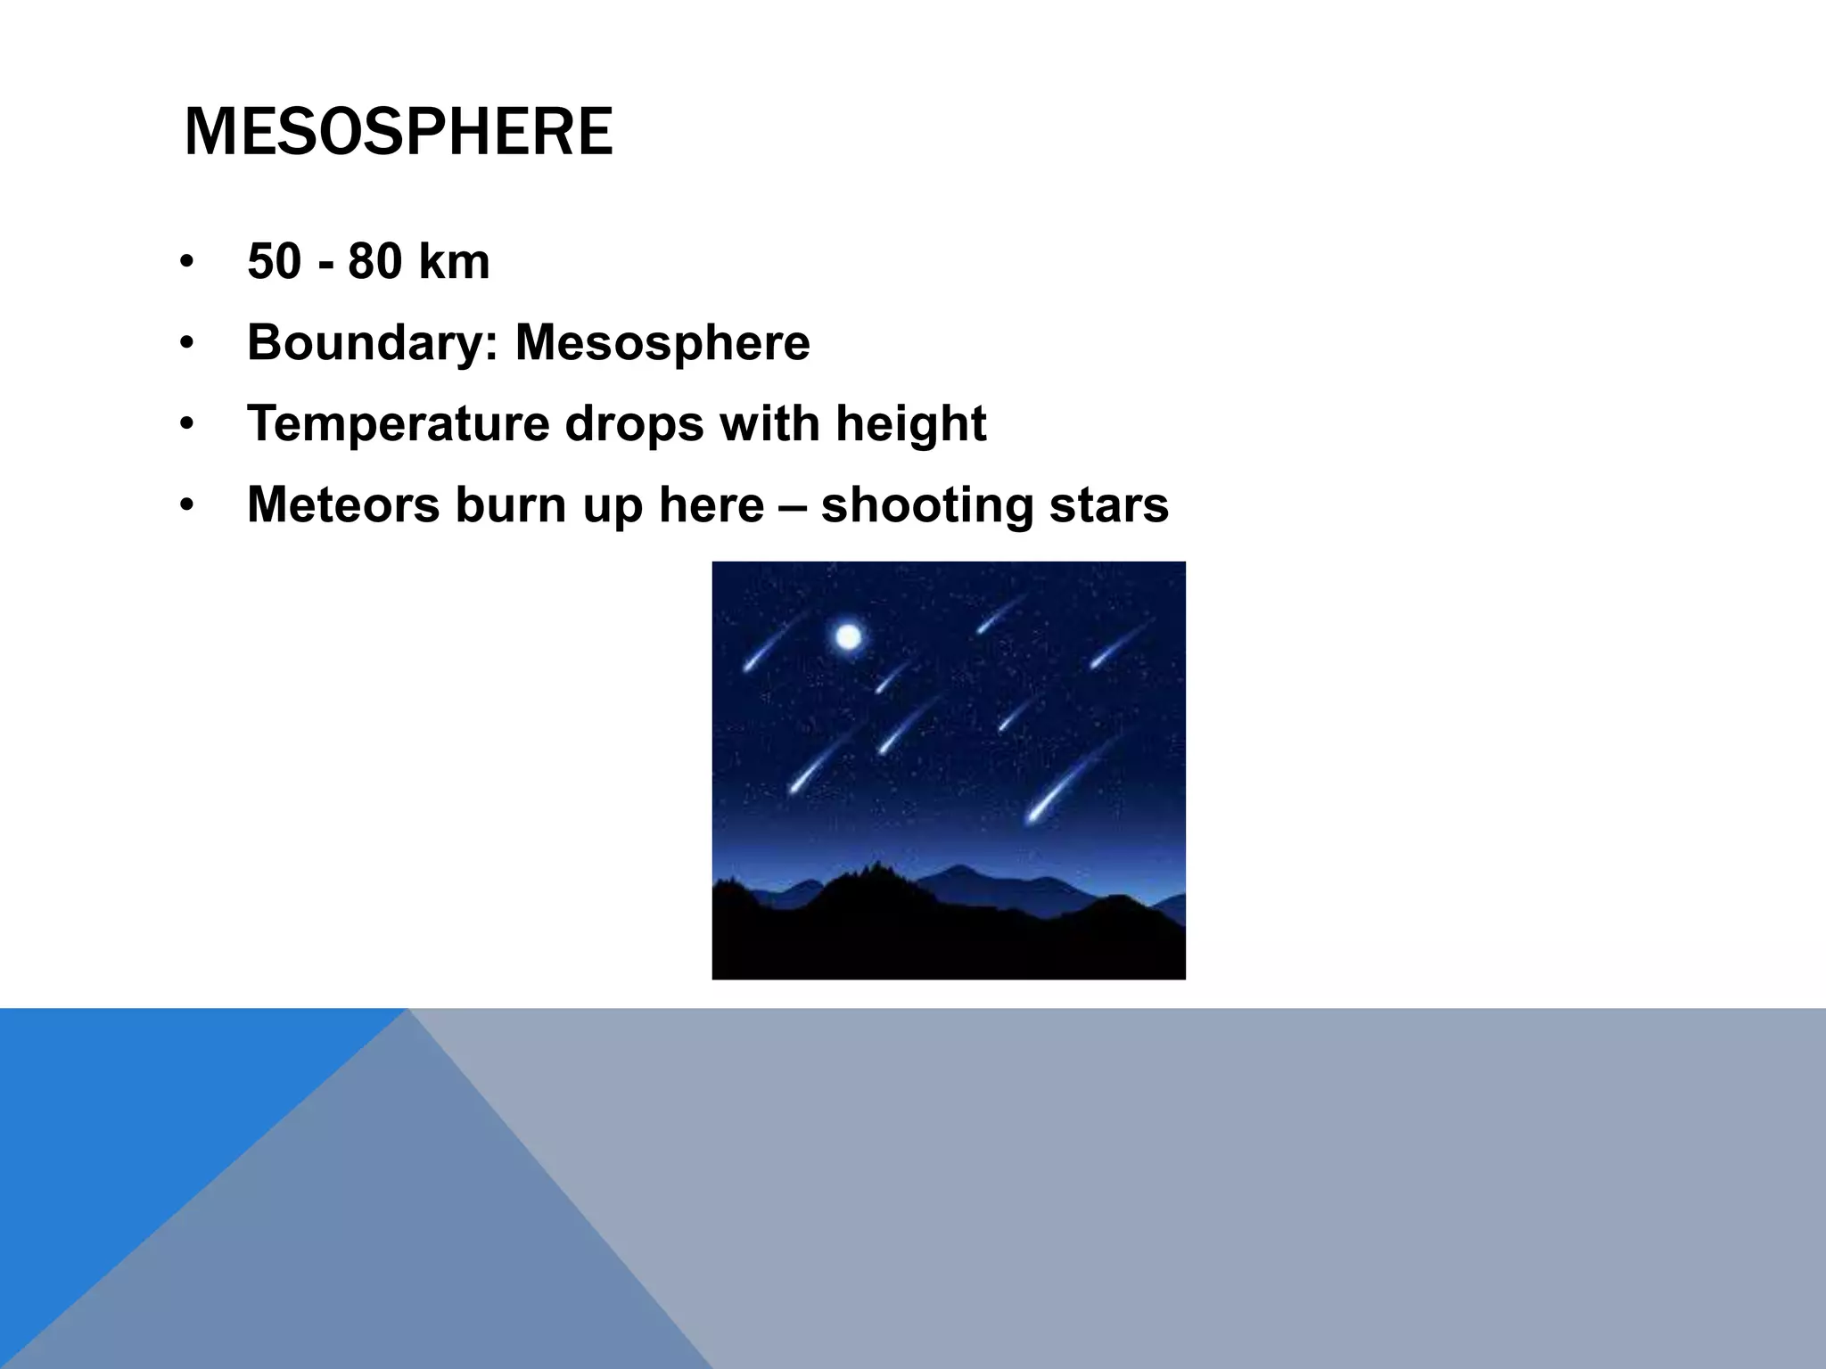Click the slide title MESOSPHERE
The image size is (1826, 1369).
(398, 132)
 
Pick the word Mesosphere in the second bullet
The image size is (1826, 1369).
(662, 343)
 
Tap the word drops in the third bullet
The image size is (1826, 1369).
(635, 423)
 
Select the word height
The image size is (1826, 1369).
(910, 424)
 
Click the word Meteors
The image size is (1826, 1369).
(343, 504)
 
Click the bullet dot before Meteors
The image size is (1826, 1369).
(185, 506)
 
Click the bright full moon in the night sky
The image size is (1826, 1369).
(848, 637)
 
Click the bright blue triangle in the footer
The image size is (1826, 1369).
(134, 1114)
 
